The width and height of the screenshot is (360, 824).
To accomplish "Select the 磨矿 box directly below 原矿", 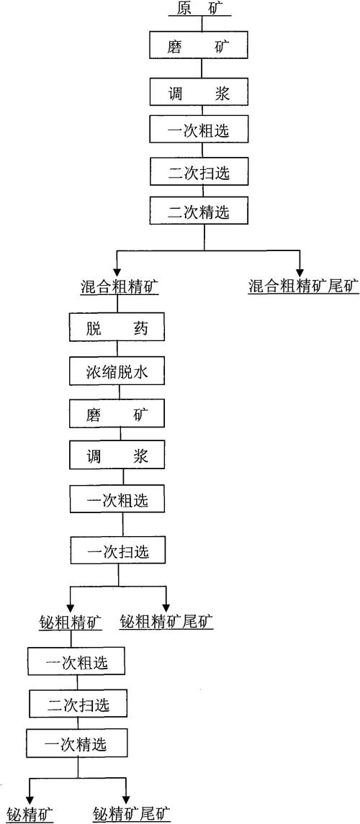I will (201, 47).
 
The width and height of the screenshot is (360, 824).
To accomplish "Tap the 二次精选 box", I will (201, 212).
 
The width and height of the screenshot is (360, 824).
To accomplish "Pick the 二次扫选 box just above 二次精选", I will (201, 171).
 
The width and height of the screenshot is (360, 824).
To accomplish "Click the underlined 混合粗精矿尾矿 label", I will (302, 285).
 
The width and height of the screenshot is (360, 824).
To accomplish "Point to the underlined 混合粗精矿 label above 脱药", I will (119, 285).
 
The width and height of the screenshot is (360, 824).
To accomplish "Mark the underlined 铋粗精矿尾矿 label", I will (167, 620).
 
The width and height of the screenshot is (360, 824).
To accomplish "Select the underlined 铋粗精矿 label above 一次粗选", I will (70, 620).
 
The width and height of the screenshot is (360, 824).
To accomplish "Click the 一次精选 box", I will (78, 742).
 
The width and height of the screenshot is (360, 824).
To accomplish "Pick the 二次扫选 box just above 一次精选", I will (78, 704).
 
